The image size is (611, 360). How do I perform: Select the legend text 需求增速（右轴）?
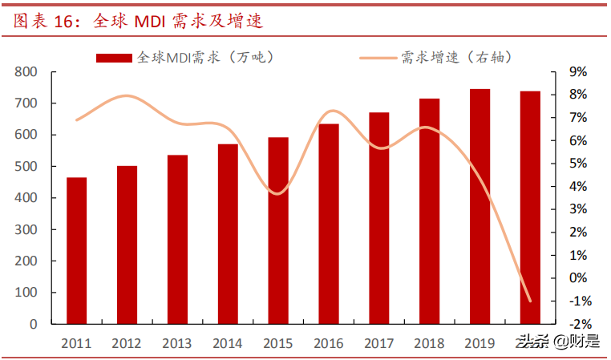[456, 57]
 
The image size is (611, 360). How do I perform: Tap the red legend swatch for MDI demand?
[115, 58]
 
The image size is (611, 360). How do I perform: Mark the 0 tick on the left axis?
[34, 324]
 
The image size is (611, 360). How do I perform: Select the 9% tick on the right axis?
[577, 72]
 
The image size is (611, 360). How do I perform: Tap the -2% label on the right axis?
[579, 324]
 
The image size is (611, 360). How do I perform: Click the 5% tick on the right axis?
[577, 164]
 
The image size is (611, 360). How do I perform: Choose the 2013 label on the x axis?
[177, 343]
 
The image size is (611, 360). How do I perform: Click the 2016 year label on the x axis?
[329, 343]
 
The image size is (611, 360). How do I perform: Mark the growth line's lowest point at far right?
[529, 301]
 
